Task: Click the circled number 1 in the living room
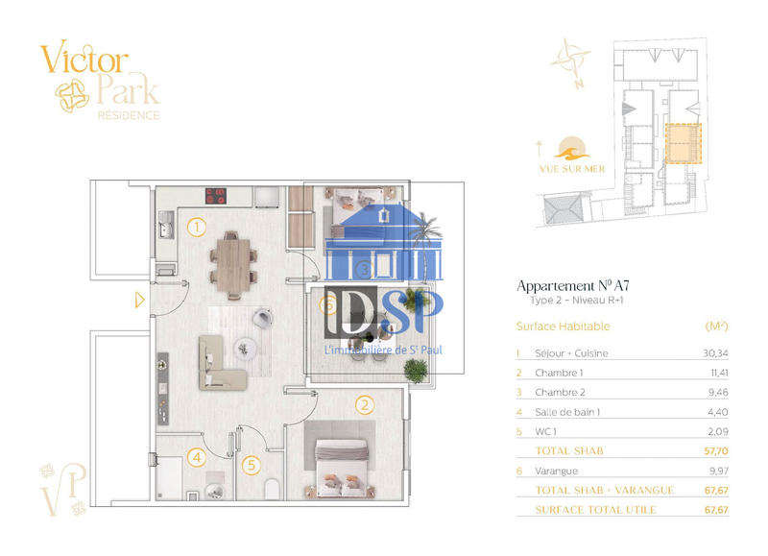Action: (x=196, y=228)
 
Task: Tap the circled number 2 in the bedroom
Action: (x=364, y=405)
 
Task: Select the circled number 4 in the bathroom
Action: (x=196, y=458)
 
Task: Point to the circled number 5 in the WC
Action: (x=252, y=466)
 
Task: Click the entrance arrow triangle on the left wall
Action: (x=140, y=301)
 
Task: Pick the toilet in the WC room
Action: (x=273, y=489)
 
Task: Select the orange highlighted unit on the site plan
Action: (x=684, y=144)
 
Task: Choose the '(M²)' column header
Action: (x=716, y=326)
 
